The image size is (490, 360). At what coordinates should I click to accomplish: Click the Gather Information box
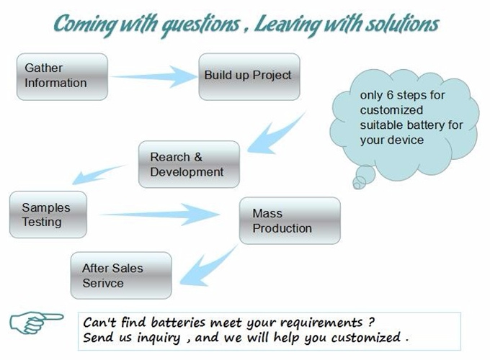click(62, 77)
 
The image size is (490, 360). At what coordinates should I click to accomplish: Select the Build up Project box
click(249, 77)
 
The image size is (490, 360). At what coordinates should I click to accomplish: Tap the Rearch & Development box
click(189, 164)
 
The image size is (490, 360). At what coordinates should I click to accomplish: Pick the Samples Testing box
click(48, 215)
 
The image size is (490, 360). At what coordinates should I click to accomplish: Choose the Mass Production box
click(290, 220)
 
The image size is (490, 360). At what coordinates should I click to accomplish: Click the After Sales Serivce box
click(121, 275)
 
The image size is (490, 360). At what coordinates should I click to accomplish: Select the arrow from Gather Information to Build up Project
click(153, 76)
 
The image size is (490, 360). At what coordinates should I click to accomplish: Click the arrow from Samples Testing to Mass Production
click(159, 215)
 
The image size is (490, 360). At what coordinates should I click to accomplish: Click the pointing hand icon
click(37, 323)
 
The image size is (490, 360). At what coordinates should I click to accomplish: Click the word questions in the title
click(200, 25)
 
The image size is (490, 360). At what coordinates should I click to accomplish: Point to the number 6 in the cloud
click(390, 95)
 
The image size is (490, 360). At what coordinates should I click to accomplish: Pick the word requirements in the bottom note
click(321, 323)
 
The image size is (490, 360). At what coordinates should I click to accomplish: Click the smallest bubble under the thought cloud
click(359, 182)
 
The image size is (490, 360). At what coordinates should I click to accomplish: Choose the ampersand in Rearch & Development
click(198, 157)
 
